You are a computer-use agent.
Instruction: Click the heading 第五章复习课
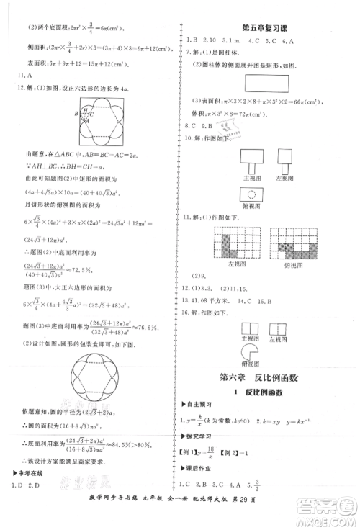tap(266, 28)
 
